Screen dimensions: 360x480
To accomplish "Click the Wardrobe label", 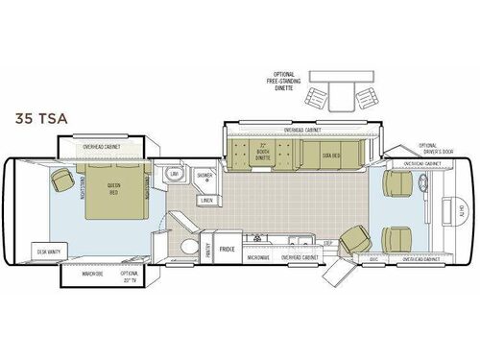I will pos(92,273).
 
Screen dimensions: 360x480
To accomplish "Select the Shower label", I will pos(204,176).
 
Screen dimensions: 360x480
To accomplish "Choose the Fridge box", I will pos(227,250).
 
